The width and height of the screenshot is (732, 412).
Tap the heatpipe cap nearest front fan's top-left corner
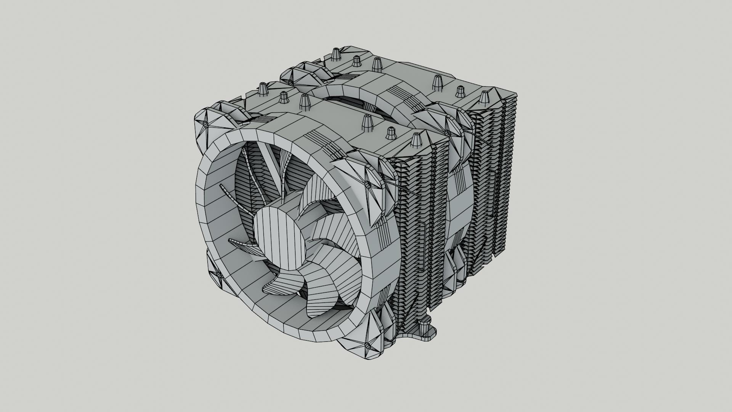tap(263, 90)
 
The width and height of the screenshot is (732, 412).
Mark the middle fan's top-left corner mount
tap(301, 74)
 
